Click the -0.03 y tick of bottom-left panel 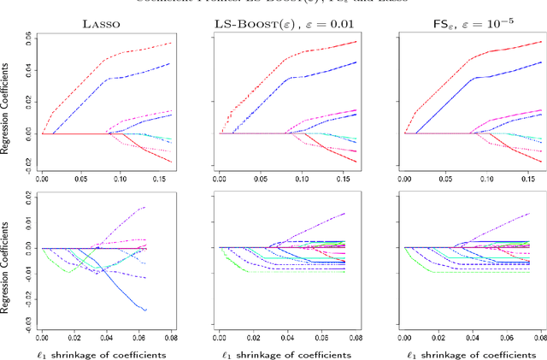click(x=27, y=326)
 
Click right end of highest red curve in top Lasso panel click(x=147, y=43)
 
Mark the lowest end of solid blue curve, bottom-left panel click(x=146, y=310)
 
